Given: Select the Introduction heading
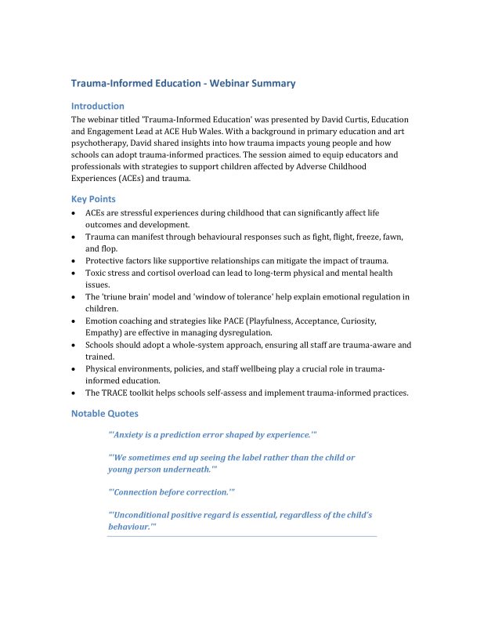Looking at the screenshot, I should click(x=97, y=106).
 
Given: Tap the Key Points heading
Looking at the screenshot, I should click(x=93, y=199).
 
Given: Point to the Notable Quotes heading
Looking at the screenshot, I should click(x=104, y=413).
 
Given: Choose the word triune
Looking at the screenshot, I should click(x=118, y=297).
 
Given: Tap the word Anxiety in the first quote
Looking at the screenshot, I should click(x=134, y=433).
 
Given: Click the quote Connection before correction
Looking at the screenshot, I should click(x=172, y=492).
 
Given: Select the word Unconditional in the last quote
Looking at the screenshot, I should click(x=148, y=515).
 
